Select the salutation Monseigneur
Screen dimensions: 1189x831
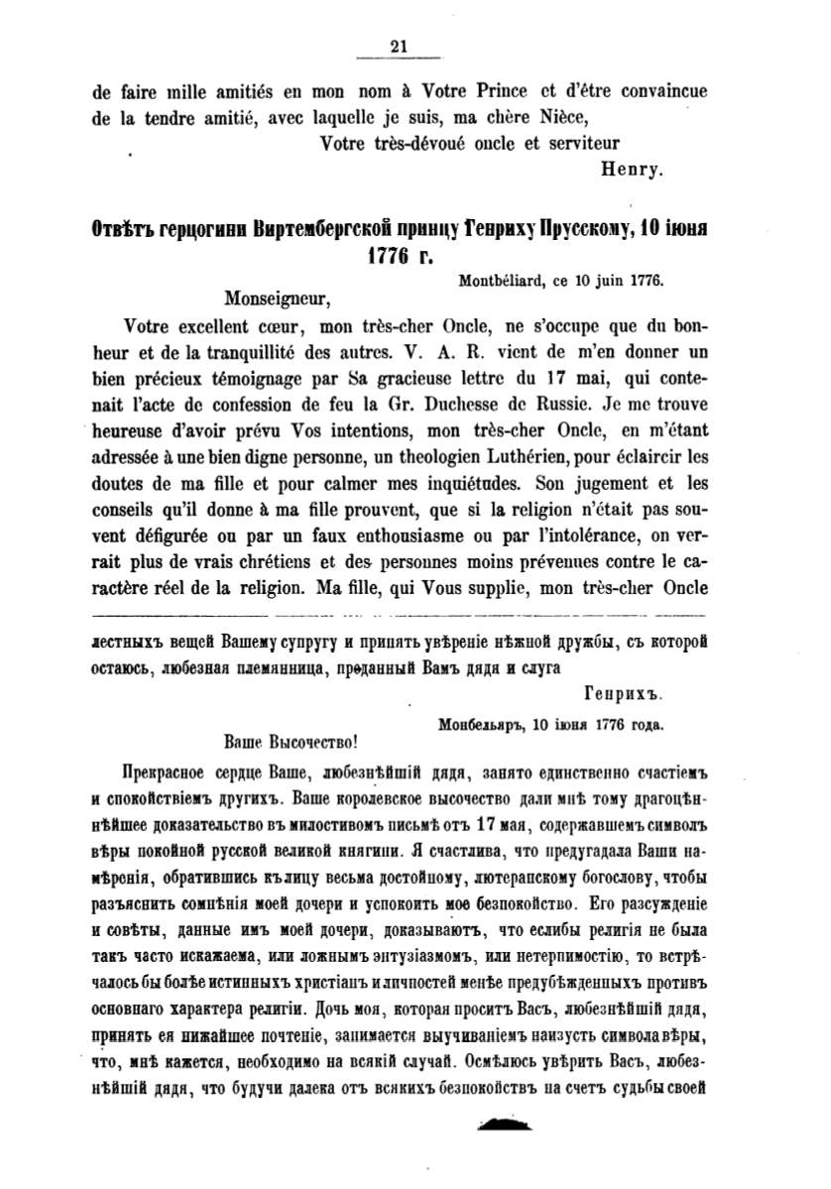tap(275, 297)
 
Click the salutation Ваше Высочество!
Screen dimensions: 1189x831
tap(286, 740)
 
